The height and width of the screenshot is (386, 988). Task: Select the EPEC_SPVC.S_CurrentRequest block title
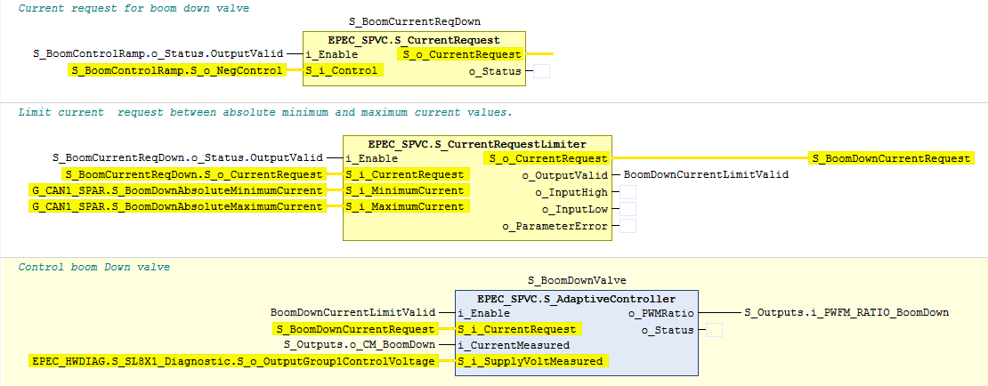(x=414, y=40)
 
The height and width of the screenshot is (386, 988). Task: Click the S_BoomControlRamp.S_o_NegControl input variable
(x=177, y=70)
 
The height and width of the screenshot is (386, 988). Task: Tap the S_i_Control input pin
(x=344, y=70)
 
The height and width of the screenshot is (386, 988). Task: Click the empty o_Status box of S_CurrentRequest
(x=541, y=70)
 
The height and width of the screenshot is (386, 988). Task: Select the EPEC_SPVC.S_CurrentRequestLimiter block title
(x=477, y=144)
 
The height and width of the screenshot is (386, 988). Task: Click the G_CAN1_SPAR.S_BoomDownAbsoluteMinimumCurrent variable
(x=178, y=190)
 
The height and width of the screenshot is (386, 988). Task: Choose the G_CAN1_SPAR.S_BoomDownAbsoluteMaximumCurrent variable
(x=178, y=206)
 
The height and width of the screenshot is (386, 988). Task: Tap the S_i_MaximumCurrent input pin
(x=407, y=206)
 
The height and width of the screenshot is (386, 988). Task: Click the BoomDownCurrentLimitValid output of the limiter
(x=705, y=175)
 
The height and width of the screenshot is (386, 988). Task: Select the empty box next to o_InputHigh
(x=628, y=192)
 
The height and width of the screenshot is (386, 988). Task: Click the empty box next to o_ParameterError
(x=628, y=226)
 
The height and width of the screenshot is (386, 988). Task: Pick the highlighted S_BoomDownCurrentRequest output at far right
(x=892, y=158)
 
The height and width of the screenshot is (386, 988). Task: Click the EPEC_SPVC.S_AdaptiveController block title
(x=577, y=299)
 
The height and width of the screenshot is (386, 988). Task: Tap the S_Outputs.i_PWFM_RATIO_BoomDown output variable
(x=846, y=312)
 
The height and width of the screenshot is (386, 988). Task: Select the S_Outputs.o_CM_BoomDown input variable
(x=360, y=344)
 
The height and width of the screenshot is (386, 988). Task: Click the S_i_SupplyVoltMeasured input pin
(x=532, y=361)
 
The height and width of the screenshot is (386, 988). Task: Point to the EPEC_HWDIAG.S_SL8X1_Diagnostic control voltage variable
(x=233, y=361)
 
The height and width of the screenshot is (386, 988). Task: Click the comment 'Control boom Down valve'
(x=93, y=267)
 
